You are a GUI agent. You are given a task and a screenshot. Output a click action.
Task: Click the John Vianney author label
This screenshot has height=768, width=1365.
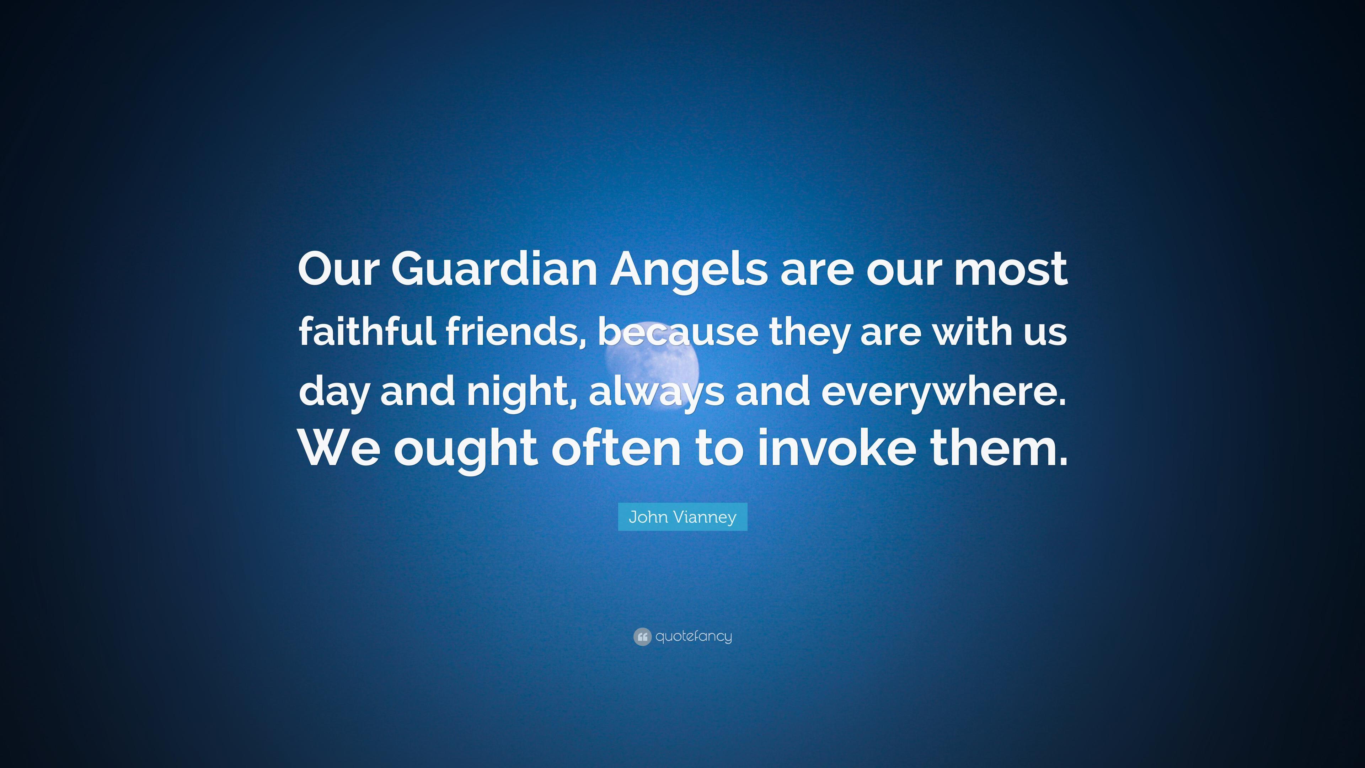click(682, 517)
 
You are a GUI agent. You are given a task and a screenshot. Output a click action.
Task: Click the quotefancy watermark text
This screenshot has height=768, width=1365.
click(694, 636)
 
